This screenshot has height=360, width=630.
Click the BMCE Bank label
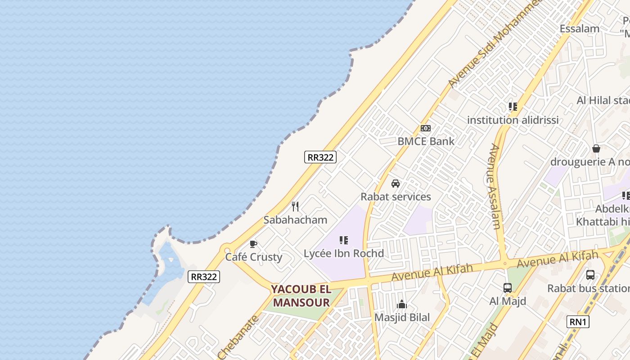click(x=426, y=141)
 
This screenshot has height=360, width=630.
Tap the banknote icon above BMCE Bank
click(x=425, y=128)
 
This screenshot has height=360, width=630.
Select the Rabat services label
click(x=396, y=197)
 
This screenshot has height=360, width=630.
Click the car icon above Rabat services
click(x=396, y=184)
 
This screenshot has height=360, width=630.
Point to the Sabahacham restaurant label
click(x=295, y=220)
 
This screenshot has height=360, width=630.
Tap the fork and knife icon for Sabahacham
click(x=295, y=207)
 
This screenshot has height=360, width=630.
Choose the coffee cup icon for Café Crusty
click(x=253, y=244)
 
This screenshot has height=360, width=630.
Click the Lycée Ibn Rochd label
click(x=344, y=253)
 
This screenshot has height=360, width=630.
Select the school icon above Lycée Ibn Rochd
click(x=344, y=240)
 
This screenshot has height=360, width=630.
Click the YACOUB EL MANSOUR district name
click(x=301, y=296)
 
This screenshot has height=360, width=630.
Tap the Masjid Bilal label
click(x=402, y=317)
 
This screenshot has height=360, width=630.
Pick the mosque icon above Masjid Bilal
click(x=402, y=305)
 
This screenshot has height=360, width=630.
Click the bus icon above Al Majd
click(x=508, y=288)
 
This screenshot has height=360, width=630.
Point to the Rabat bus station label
click(x=588, y=288)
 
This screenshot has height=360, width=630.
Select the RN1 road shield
click(x=578, y=321)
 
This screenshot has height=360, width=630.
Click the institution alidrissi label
click(x=513, y=120)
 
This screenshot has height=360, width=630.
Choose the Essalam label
click(x=580, y=29)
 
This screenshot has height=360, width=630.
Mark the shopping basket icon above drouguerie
click(x=596, y=148)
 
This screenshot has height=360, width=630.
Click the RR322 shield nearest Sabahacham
click(x=320, y=157)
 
